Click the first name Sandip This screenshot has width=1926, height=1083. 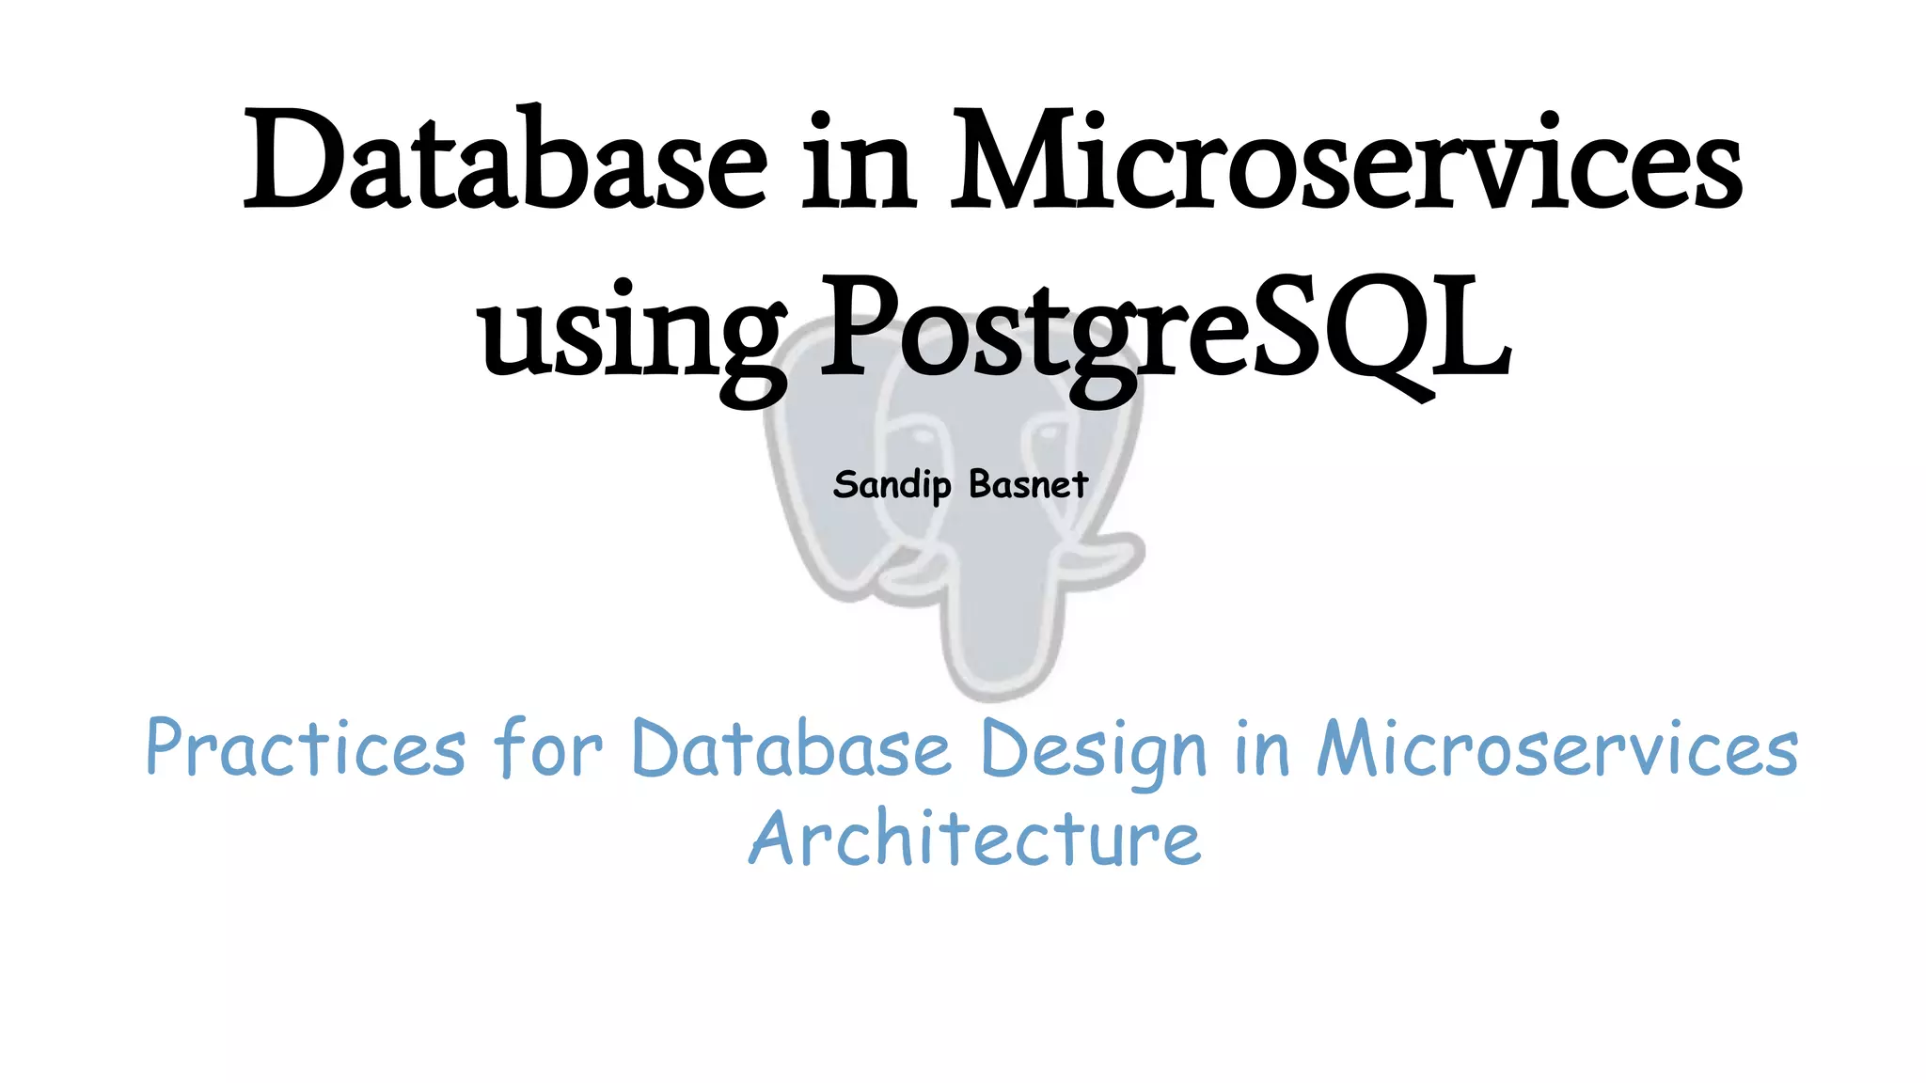tap(892, 485)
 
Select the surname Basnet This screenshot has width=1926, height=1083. tap(1028, 485)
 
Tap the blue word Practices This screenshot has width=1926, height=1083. tap(306, 748)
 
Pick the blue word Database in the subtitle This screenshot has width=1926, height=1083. tap(792, 748)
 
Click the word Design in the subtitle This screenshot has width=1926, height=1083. tap(1094, 750)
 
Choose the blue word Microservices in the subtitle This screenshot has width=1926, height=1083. tap(1557, 748)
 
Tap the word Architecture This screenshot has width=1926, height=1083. tap(975, 838)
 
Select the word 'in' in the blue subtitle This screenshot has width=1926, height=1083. tap(1261, 748)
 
